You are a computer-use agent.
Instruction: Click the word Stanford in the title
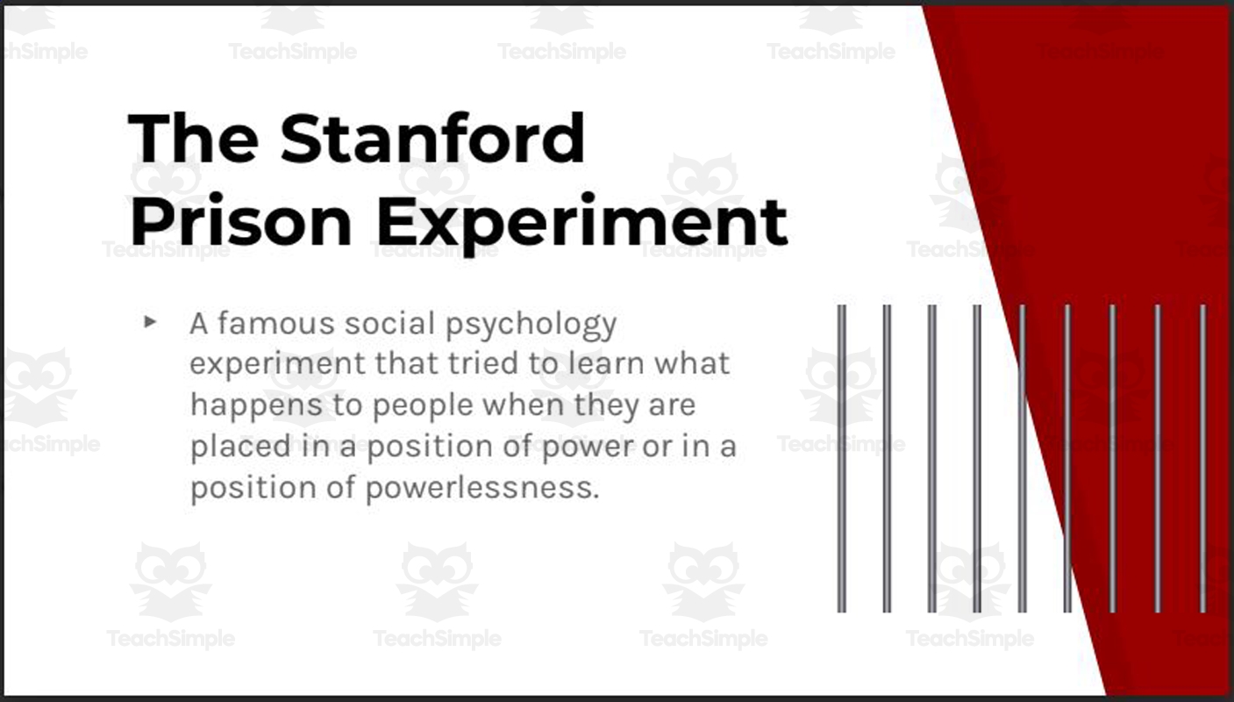(432, 139)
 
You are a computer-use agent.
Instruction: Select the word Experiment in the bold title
(581, 222)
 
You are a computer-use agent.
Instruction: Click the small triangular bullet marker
(150, 322)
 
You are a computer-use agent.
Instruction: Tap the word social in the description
(390, 324)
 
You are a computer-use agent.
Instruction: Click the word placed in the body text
(228, 447)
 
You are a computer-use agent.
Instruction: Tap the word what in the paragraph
(697, 364)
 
